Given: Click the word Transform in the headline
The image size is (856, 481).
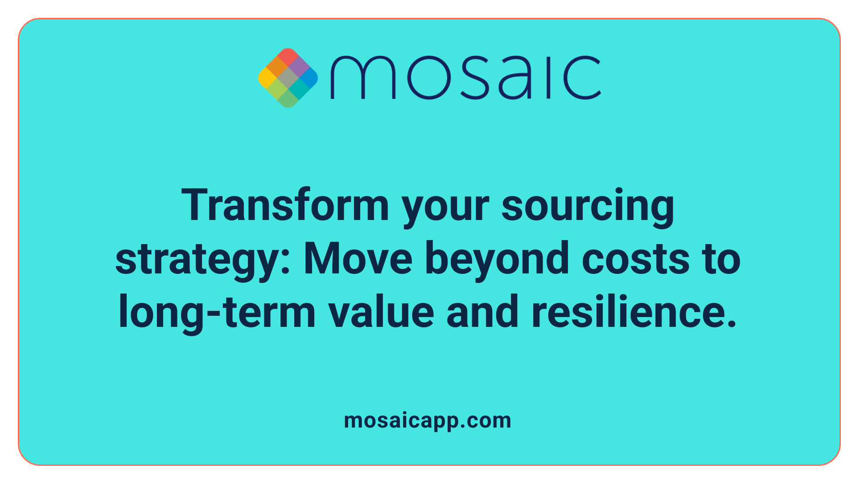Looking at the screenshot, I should (x=285, y=206).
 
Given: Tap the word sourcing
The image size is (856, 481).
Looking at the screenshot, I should (x=588, y=206).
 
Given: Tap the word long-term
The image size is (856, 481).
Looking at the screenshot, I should (x=217, y=313).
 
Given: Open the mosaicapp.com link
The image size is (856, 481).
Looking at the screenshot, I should (x=428, y=420).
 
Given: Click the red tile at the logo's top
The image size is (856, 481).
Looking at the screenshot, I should (x=288, y=57).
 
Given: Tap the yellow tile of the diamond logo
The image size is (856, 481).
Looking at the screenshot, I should (x=267, y=78).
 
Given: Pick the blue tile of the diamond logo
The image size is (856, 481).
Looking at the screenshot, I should (x=309, y=78).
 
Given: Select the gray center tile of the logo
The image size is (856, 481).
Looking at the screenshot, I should (x=288, y=78).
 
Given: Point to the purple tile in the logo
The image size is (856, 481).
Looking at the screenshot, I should (x=298, y=67).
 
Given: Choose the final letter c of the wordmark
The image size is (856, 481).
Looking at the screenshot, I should (x=583, y=77).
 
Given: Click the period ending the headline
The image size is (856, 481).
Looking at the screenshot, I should (x=731, y=324).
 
